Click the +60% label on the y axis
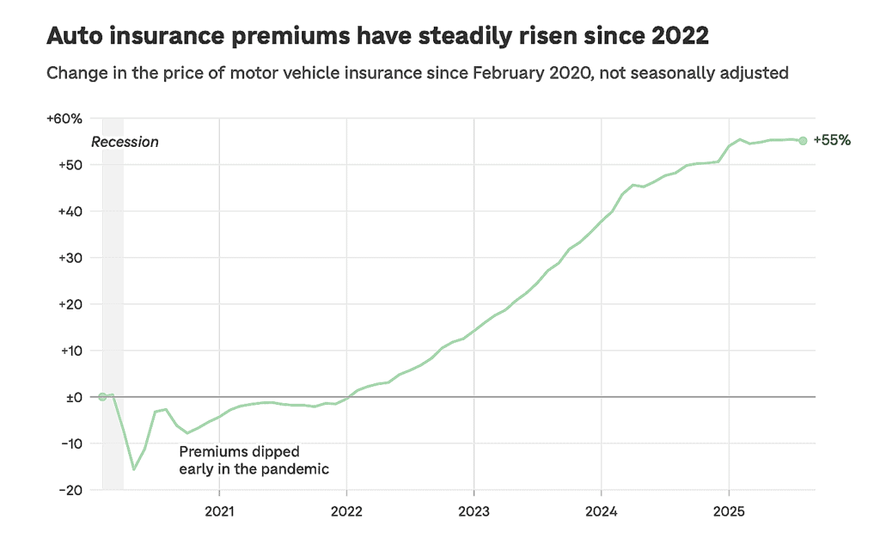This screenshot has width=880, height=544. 64,119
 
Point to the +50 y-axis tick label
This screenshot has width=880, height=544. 69,165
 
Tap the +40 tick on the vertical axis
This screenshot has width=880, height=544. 69,211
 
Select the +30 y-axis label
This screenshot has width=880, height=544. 69,258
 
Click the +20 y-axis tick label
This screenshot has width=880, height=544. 69,304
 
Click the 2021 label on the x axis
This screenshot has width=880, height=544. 219,510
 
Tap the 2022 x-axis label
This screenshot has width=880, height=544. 346,510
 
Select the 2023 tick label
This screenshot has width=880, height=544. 474,510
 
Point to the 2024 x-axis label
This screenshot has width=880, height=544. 601,510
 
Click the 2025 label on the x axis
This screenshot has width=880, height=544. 729,510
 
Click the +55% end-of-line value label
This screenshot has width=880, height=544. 831,141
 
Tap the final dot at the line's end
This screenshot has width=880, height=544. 803,141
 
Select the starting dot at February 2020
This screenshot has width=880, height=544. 102,396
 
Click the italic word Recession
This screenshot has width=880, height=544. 125,143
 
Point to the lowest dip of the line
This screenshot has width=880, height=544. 134,469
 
